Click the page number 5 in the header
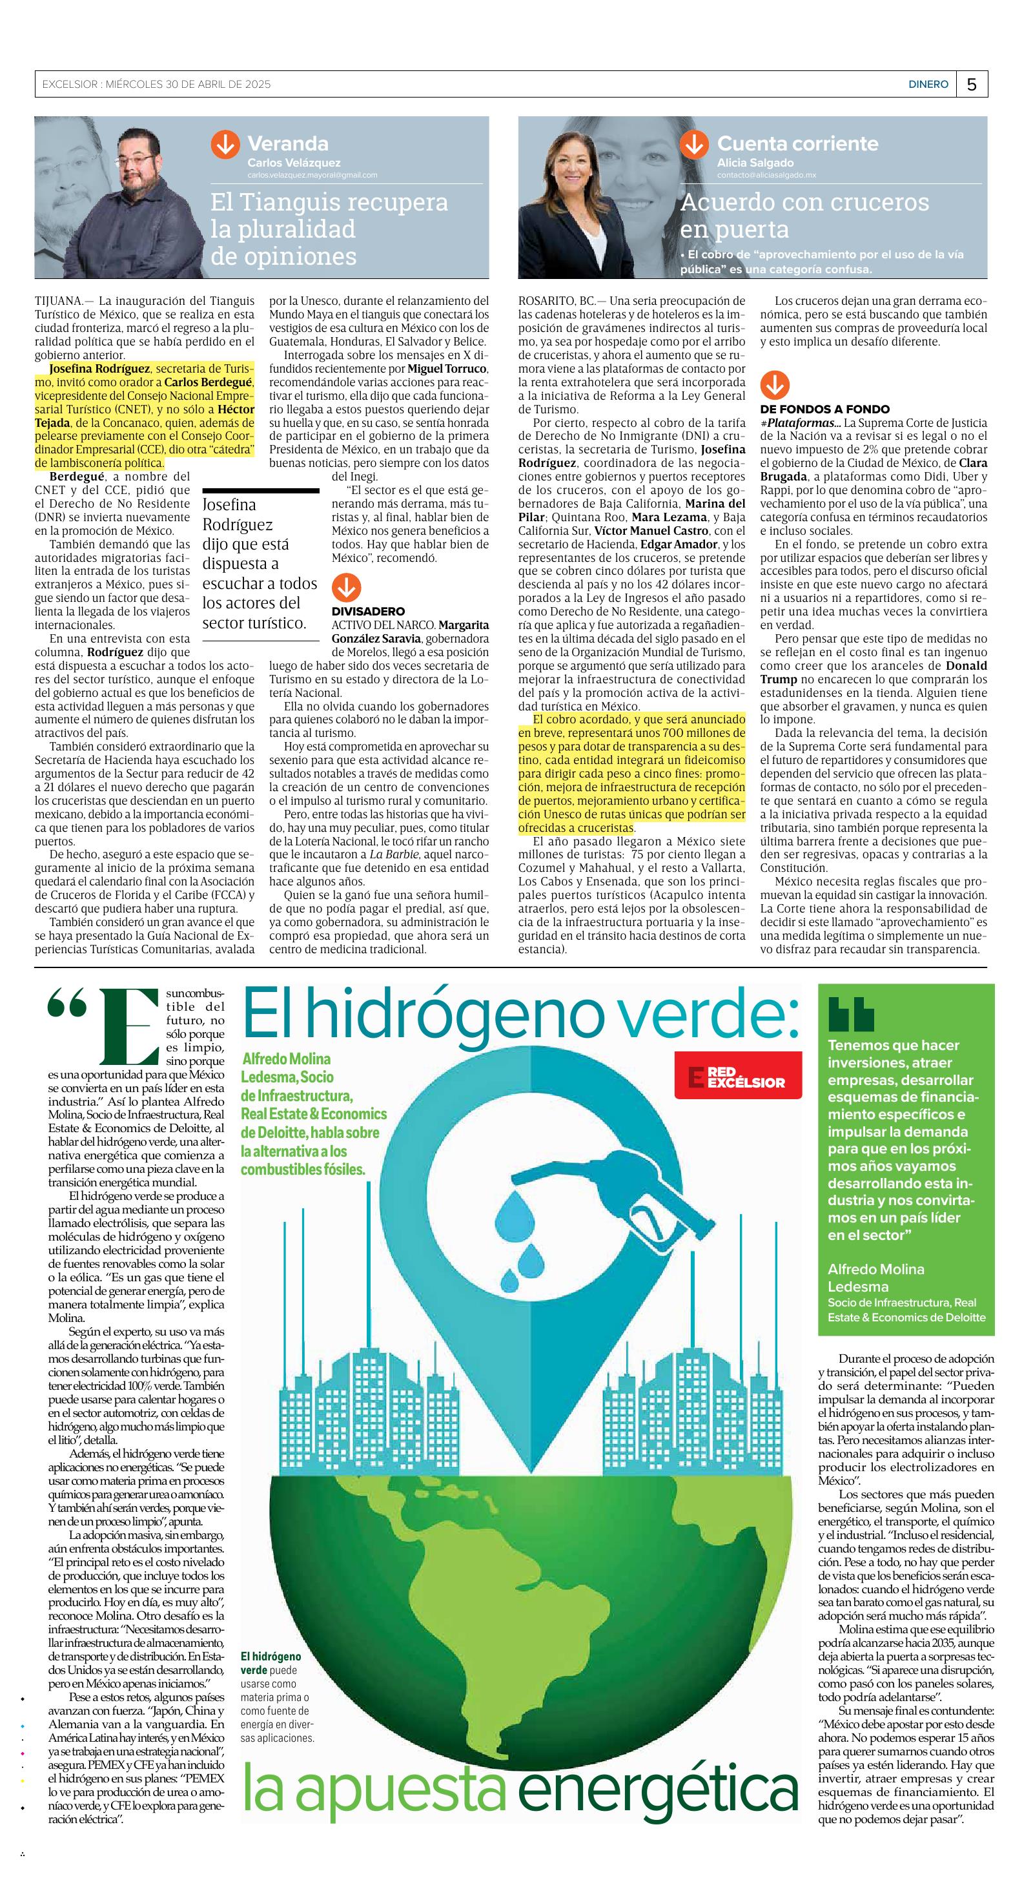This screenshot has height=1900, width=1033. point(972,84)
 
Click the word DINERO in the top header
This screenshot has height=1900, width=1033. point(928,84)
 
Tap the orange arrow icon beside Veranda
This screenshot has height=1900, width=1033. point(225,145)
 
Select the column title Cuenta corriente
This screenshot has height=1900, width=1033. point(797,143)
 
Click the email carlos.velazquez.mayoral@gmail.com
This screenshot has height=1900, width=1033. point(312,175)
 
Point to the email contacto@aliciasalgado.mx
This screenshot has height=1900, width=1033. point(766,175)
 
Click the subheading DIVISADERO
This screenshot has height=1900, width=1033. point(368,611)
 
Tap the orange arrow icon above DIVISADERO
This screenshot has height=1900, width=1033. point(346,588)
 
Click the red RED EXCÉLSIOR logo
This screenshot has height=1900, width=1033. point(737,1077)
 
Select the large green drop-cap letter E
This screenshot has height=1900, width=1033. point(130,1025)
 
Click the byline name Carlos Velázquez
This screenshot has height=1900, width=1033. point(294,162)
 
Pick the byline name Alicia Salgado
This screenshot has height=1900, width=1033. point(755,162)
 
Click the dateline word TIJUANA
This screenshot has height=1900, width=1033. point(59,301)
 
